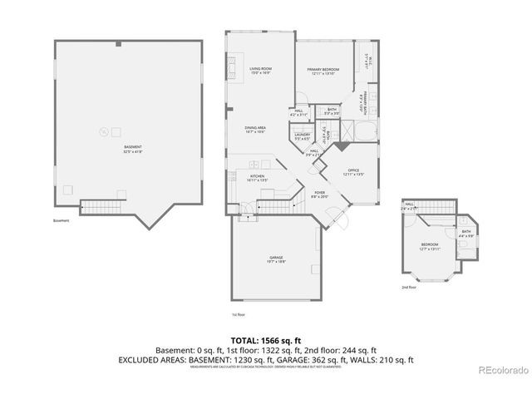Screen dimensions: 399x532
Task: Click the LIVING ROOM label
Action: pos(261,71)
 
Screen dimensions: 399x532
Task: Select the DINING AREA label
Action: pos(254,130)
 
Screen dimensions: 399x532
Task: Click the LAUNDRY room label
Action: pos(302,136)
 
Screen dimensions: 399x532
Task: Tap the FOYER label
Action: pos(318,195)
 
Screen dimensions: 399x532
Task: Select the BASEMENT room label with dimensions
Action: pos(132,150)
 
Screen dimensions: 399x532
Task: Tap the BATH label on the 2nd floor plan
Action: pos(466,234)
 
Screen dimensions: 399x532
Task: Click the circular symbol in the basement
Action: pos(104,129)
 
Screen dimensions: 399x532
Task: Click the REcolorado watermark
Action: pos(503,370)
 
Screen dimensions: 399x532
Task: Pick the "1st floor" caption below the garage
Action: pos(238,314)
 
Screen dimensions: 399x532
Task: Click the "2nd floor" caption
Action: pos(409,286)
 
